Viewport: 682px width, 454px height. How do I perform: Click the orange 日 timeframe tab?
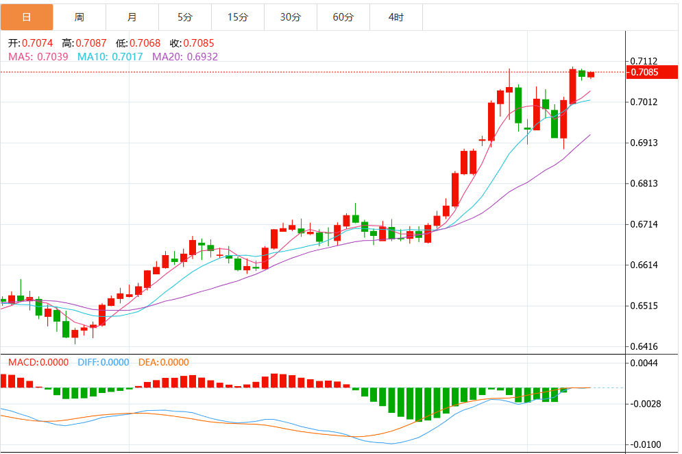27,17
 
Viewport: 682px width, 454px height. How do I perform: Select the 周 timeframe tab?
80,17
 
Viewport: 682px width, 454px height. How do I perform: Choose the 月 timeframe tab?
132,17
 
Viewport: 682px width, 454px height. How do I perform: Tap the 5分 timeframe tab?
184,17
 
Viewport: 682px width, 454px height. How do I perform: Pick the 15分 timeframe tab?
237,17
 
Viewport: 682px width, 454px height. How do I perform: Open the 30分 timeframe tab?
290,17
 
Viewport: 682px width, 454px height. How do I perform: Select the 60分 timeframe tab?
343,17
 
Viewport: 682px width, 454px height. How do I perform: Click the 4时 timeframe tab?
395,17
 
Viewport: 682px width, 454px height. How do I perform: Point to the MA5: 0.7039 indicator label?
38,57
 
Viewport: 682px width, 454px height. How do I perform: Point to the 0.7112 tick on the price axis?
644,62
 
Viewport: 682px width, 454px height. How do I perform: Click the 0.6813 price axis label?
644,184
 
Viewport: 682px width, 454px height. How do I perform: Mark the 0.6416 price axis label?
644,347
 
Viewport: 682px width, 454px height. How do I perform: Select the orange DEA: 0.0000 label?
164,362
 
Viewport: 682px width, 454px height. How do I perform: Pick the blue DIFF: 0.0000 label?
103,362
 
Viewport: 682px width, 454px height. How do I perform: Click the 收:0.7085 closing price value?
192,43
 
